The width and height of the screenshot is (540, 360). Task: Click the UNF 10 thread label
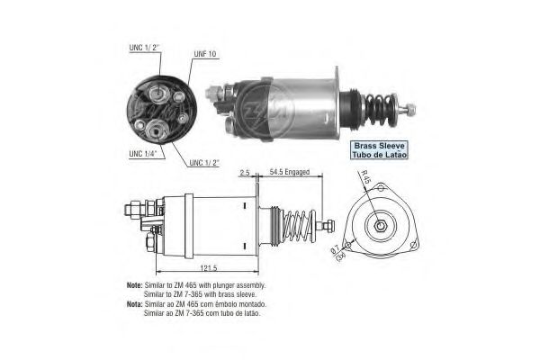click(205, 54)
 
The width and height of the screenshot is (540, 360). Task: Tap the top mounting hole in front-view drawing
click(382, 188)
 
